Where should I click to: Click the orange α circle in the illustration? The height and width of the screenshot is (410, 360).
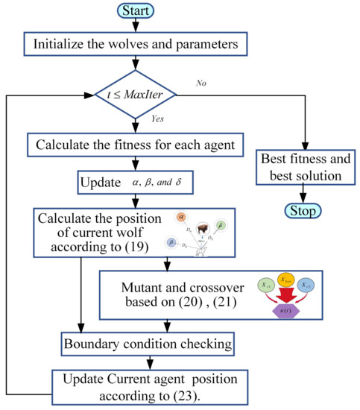(x=181, y=216)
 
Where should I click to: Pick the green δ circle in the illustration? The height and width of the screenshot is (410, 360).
(x=221, y=226)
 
